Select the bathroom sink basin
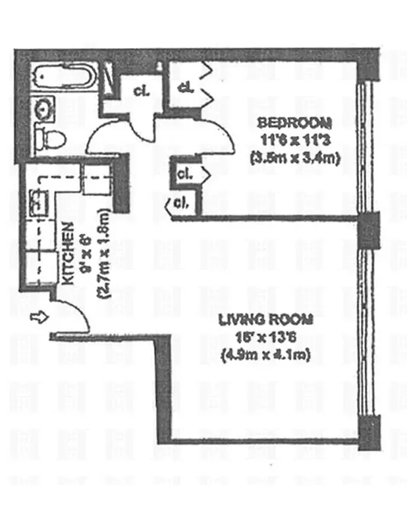click(x=44, y=107)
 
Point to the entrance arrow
click(x=39, y=318)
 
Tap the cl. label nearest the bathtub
click(x=140, y=91)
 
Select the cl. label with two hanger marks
click(x=185, y=87)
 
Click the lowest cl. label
click(x=180, y=203)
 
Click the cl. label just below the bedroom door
click(x=184, y=175)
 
